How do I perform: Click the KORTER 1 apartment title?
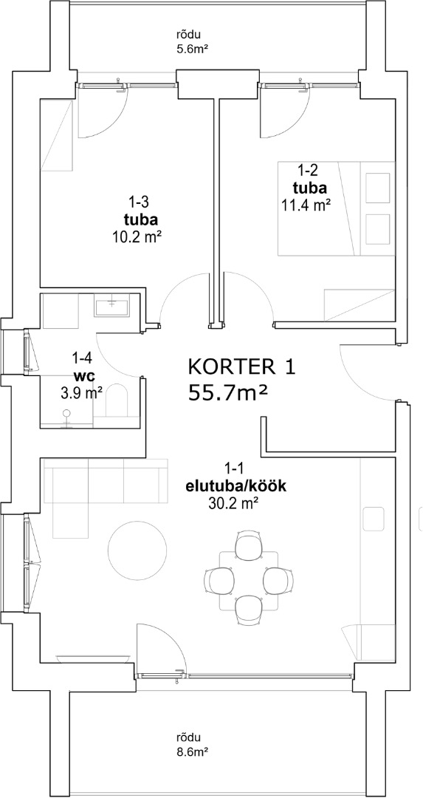[241, 367]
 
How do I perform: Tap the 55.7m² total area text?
[228, 392]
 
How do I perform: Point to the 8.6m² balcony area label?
[189, 750]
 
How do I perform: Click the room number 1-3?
[138, 202]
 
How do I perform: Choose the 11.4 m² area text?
[306, 205]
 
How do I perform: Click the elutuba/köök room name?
[236, 486]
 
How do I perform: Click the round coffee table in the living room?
[137, 550]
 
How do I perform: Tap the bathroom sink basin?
[111, 306]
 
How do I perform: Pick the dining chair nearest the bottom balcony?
[249, 610]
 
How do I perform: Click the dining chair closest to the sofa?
[219, 580]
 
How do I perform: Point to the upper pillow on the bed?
[376, 188]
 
